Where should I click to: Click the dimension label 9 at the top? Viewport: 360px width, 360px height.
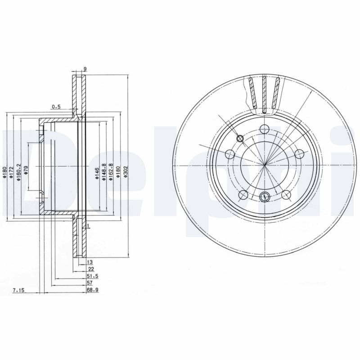pos(85,69)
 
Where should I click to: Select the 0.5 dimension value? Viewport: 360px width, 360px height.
pos(56,107)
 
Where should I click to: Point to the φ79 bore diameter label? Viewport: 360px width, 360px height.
pos(26,171)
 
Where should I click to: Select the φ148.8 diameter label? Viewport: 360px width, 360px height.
pos(104,172)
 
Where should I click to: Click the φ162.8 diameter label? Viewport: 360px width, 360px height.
pos(111,172)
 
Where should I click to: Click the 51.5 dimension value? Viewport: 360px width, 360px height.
pos(92,276)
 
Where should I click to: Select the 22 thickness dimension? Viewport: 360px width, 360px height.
pos(91,269)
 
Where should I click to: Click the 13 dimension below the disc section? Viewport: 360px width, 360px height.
pos(90,261)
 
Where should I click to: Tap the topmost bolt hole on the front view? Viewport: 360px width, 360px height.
pos(265,128)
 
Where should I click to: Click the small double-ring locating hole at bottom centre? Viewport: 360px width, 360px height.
pos(265,196)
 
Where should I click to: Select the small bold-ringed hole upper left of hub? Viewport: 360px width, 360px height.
pos(240,139)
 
